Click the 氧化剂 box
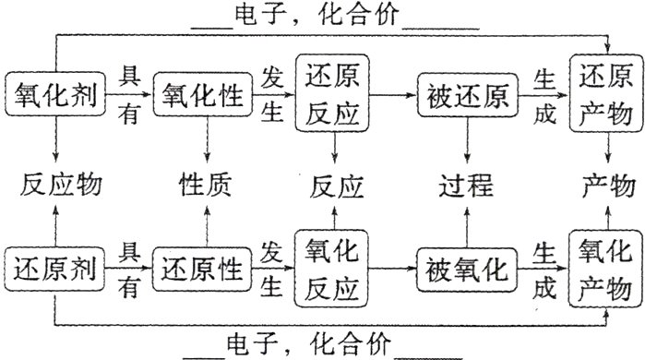point(55,94)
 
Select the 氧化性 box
point(204,94)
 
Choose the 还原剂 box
point(55,270)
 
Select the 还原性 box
point(204,270)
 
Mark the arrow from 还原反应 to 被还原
point(394,94)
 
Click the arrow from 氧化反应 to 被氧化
point(394,270)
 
